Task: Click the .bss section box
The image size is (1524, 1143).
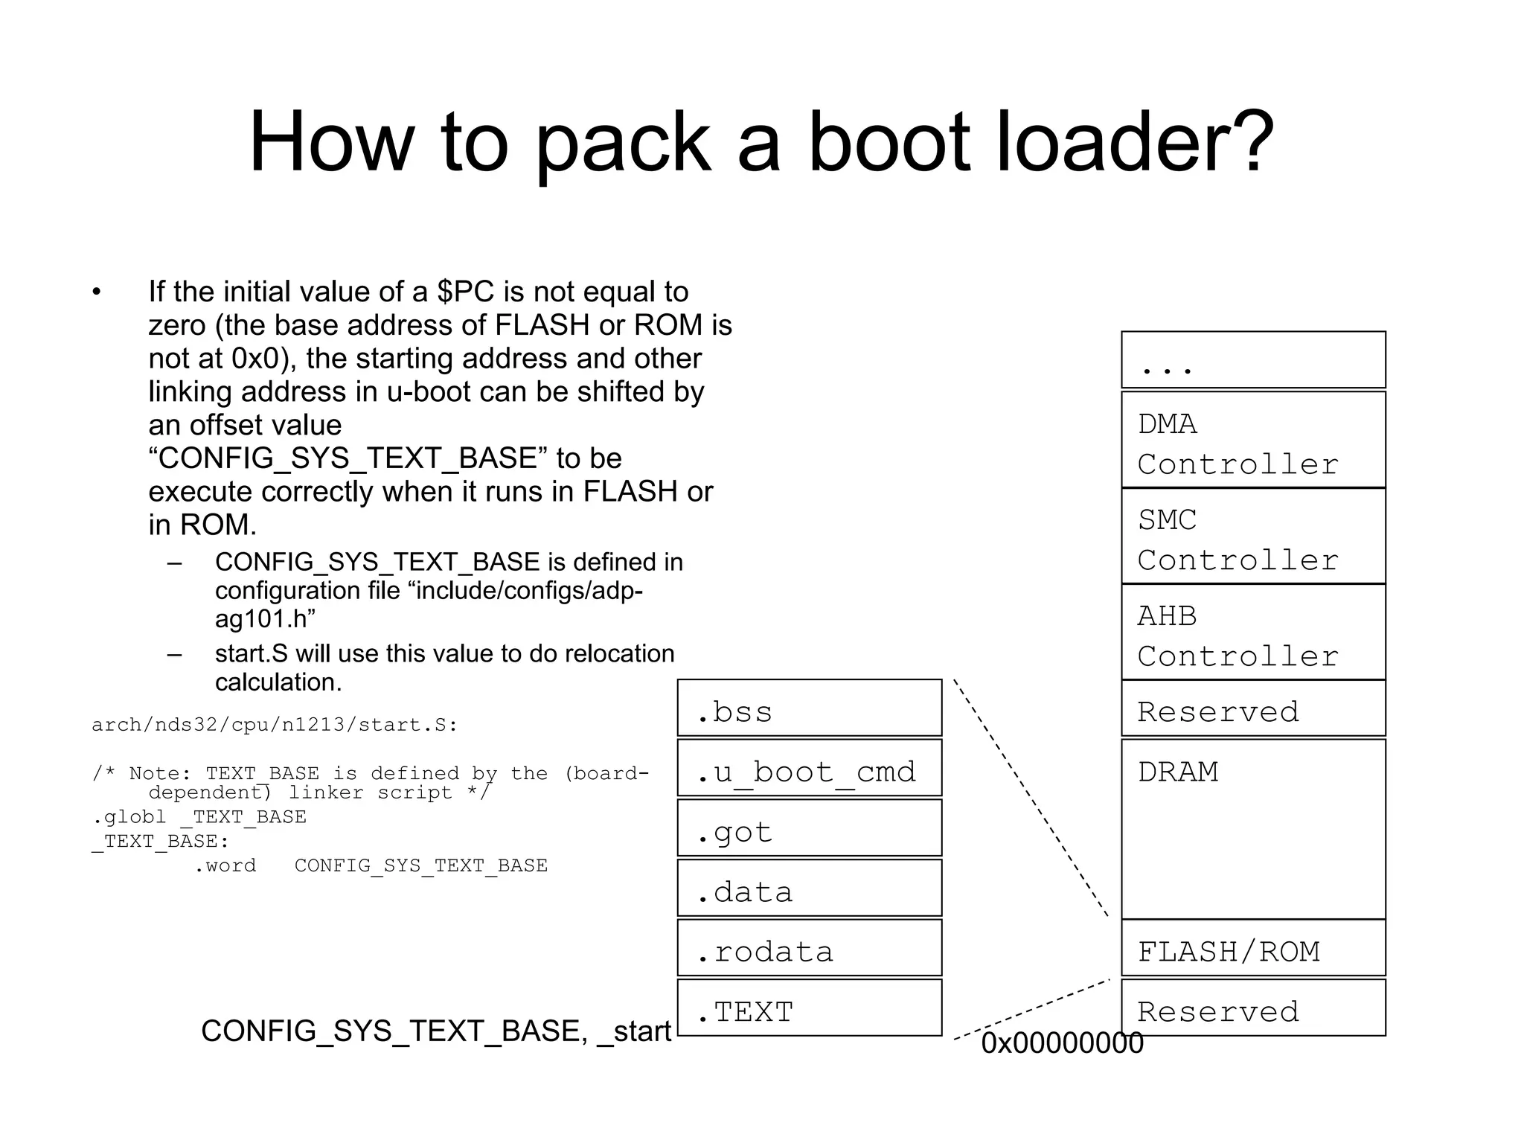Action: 809,708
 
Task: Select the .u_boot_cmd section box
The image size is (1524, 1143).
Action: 809,768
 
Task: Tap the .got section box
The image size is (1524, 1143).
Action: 809,828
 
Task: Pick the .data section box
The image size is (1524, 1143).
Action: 809,889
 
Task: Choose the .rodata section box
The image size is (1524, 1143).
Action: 809,948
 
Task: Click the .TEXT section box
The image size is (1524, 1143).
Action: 809,1008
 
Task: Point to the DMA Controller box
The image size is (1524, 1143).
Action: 1253,441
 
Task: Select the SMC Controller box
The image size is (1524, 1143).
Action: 1253,537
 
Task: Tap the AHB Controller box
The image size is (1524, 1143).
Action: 1253,633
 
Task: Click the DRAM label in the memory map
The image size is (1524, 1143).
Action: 1178,772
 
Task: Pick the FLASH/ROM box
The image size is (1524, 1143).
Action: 1253,949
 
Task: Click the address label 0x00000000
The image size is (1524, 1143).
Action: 1062,1043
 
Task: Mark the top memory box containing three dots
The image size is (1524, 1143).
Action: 1253,360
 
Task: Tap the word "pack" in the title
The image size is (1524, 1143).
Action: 622,143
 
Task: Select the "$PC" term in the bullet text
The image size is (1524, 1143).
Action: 465,292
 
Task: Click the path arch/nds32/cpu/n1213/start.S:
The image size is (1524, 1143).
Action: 274,725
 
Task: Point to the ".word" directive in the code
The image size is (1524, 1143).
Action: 225,865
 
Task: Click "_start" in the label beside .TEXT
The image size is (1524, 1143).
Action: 635,1031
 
